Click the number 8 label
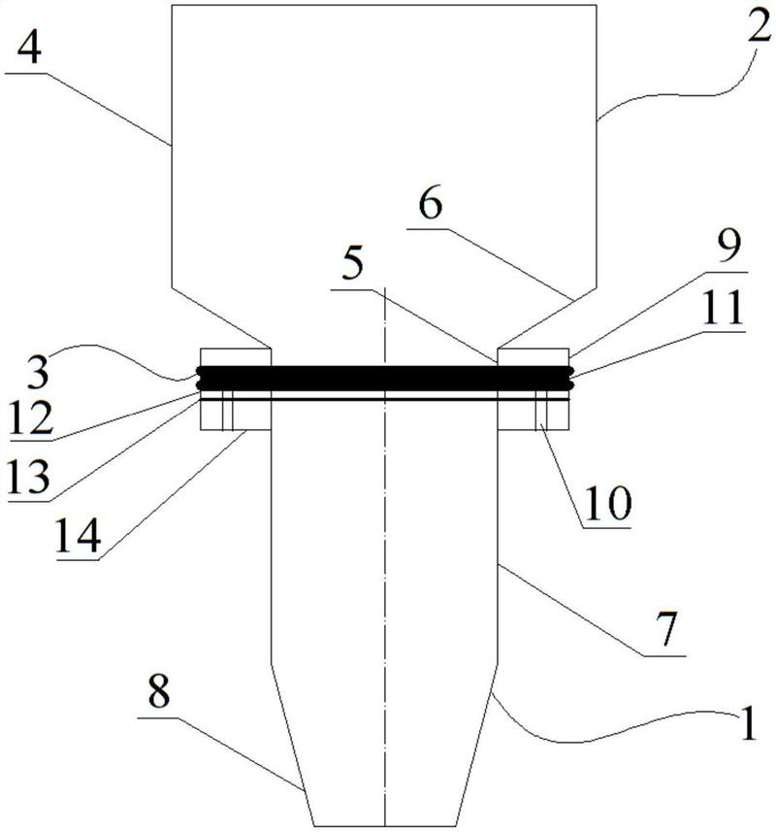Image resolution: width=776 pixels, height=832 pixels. point(160,698)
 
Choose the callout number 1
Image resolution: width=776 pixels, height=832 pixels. point(744,724)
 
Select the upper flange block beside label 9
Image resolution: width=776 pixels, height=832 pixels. point(533,356)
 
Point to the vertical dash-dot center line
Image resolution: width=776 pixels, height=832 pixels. point(385,582)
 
